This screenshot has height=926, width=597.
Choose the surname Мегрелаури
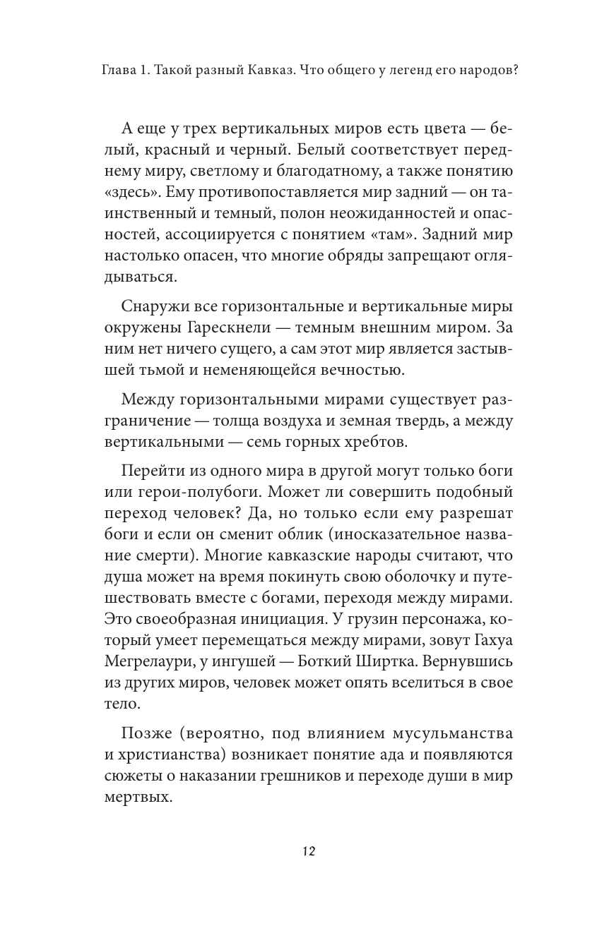152,681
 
